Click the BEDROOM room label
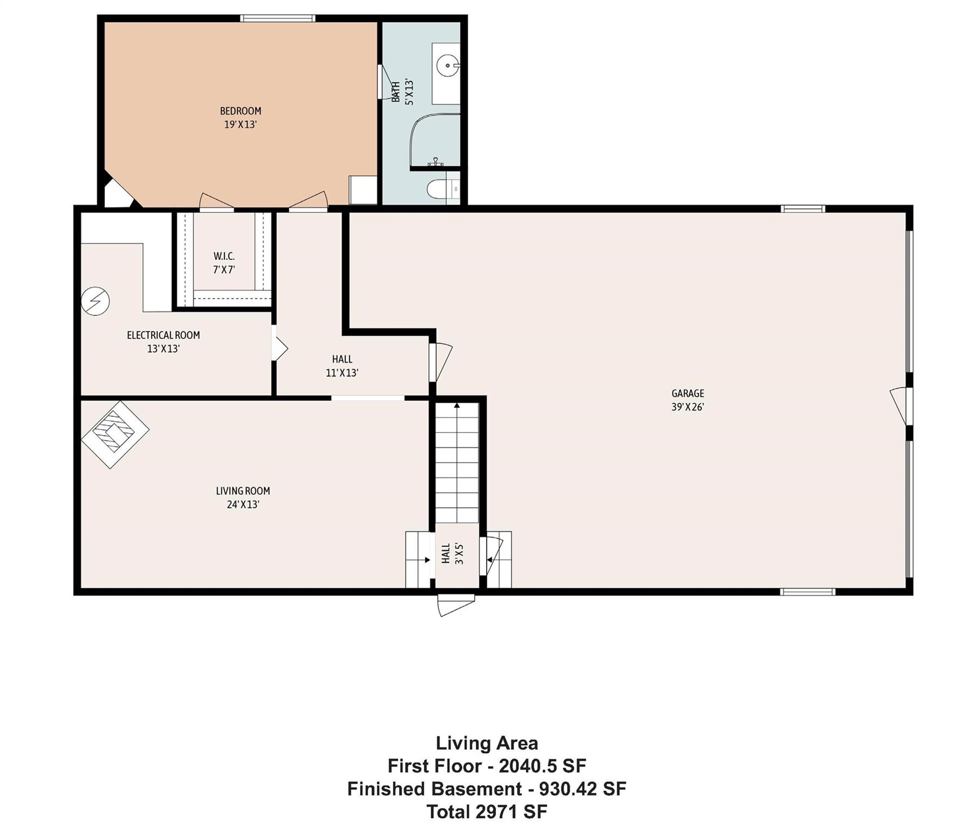tap(240, 111)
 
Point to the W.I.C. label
tap(224, 256)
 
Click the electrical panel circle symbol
tap(95, 301)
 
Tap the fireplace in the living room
tap(115, 434)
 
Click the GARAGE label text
tap(688, 393)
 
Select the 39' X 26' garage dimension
tap(688, 407)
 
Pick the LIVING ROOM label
tap(243, 491)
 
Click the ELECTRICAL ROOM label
tap(163, 335)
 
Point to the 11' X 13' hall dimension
tap(342, 373)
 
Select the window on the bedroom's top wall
tap(278, 18)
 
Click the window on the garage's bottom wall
tap(807, 591)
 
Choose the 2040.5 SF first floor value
tap(542, 766)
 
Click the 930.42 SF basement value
tap(582, 788)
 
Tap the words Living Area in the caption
tap(487, 743)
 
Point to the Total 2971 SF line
tap(487, 812)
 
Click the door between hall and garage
tap(439, 362)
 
